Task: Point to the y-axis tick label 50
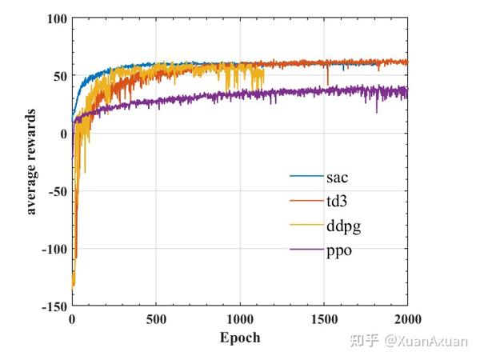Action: pyautogui.click(x=60, y=76)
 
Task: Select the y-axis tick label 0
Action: pyautogui.click(x=63, y=134)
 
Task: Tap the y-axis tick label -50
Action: pyautogui.click(x=58, y=191)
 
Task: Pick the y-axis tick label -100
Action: pyautogui.click(x=54, y=249)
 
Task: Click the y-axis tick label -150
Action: pyautogui.click(x=54, y=306)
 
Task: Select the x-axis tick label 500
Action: pyautogui.click(x=156, y=318)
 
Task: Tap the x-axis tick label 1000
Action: pyautogui.click(x=239, y=318)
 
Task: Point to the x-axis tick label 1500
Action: pyautogui.click(x=323, y=318)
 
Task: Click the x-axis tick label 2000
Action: pyautogui.click(x=406, y=318)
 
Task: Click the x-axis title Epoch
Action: pyautogui.click(x=240, y=337)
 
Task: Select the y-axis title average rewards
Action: pyautogui.click(x=32, y=161)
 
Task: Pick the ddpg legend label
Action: pyautogui.click(x=343, y=226)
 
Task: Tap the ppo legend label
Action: pyautogui.click(x=339, y=252)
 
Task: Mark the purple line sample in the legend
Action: pyautogui.click(x=306, y=251)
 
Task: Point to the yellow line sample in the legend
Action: pyautogui.click(x=306, y=226)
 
